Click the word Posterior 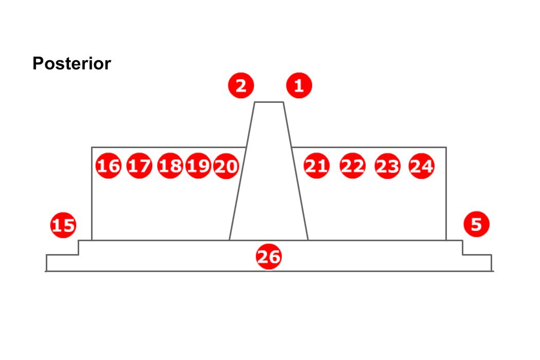[71, 63]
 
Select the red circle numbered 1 [299, 85]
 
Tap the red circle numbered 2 [241, 85]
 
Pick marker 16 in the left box [109, 166]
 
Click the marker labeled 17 [139, 166]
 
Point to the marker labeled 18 [170, 166]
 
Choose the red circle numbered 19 [198, 166]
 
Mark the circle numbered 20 [226, 166]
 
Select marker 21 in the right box [316, 166]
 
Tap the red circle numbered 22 [352, 166]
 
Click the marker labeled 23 [387, 166]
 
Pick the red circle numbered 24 [422, 166]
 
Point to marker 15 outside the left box [63, 225]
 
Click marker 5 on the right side [476, 224]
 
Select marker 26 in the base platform [268, 257]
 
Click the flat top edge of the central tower [269, 102]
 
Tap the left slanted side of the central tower [242, 171]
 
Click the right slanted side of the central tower [296, 171]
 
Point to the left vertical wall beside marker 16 [92, 193]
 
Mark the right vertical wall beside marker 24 [446, 193]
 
